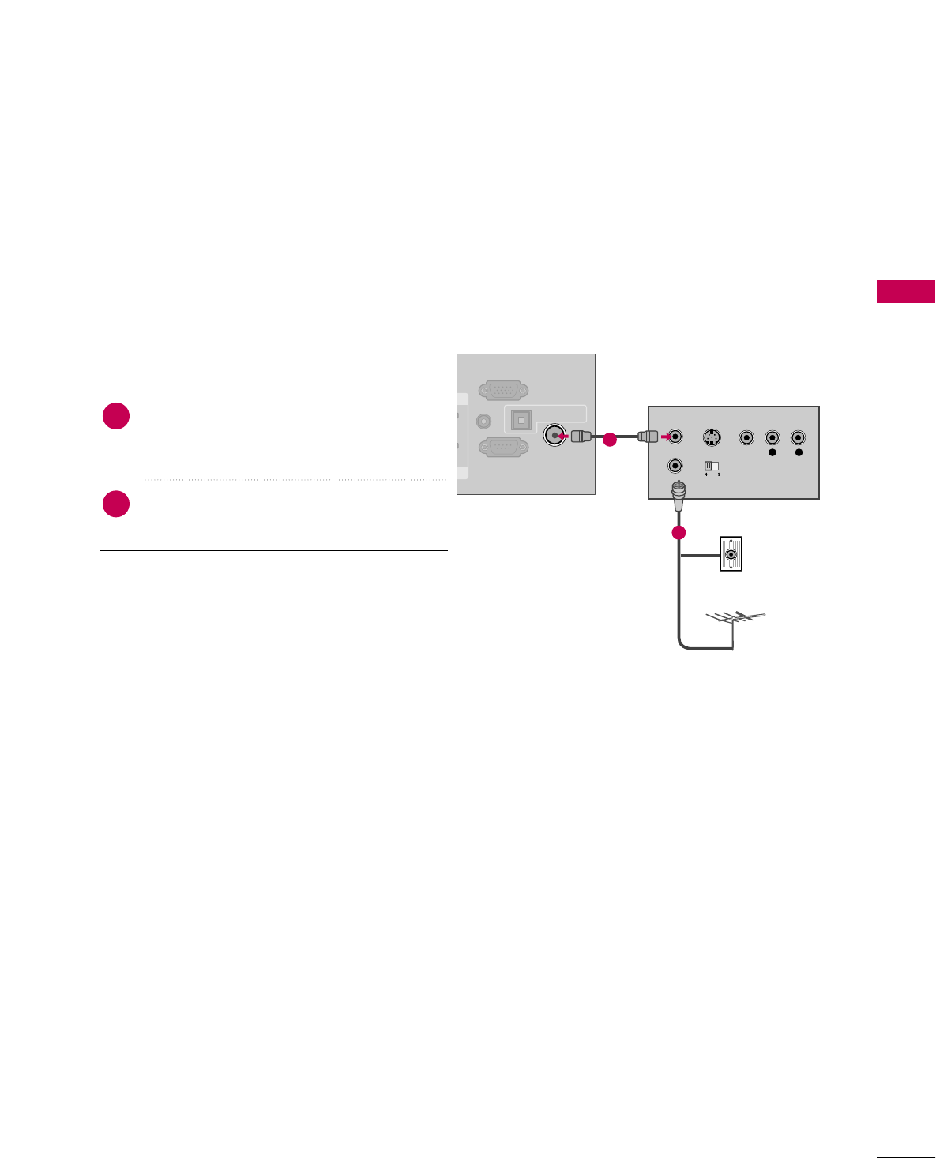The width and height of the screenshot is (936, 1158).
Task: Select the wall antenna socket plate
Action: [731, 554]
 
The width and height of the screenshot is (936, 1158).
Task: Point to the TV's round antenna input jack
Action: [555, 435]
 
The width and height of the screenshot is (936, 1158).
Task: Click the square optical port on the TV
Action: [521, 421]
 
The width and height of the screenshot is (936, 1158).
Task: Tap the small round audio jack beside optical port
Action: [485, 422]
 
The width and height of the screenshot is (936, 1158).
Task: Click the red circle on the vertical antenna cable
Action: [678, 533]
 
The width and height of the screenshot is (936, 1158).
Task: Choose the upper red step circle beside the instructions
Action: [116, 416]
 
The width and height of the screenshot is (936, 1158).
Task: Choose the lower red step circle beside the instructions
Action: [116, 504]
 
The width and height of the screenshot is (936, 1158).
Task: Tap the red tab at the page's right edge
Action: [906, 291]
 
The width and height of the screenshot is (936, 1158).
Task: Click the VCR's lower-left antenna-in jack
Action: [675, 466]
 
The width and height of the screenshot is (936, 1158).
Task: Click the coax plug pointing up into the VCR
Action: [677, 496]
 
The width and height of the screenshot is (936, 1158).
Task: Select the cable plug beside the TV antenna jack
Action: [581, 436]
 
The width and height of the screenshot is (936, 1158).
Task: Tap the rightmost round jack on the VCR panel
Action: [799, 437]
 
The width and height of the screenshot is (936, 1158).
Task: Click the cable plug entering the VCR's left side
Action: [648, 436]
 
